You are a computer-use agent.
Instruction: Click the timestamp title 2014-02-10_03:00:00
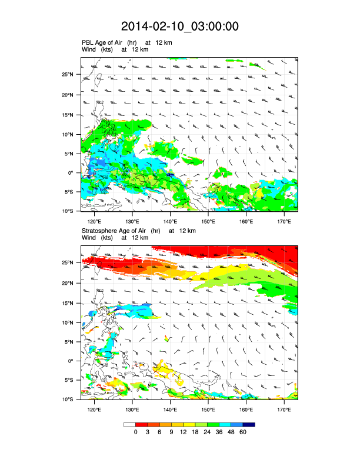(180, 26)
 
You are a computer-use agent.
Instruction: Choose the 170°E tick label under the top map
(284, 221)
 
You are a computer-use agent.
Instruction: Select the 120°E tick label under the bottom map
(94, 410)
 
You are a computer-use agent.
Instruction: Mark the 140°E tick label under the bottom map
(170, 410)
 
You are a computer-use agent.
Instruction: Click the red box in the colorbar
(141, 424)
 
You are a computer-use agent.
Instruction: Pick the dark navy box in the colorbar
(249, 424)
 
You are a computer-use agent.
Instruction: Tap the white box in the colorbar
(129, 424)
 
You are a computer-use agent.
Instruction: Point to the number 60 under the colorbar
(243, 432)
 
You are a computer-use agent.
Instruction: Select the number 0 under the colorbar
(135, 432)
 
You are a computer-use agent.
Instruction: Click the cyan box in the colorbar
(225, 424)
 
